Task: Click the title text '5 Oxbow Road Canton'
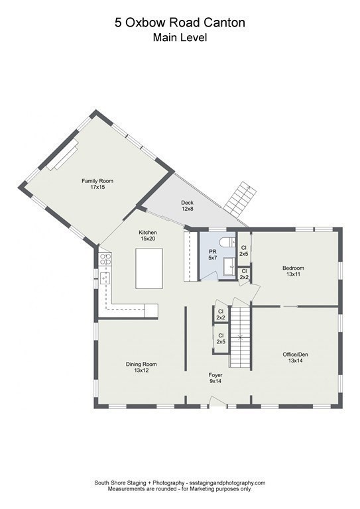(180, 23)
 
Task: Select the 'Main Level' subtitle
(180, 38)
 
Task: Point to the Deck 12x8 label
(187, 205)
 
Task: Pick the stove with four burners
(105, 260)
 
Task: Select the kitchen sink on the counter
(104, 276)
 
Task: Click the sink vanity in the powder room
(229, 268)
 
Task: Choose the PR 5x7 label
(213, 255)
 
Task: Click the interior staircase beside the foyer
(241, 337)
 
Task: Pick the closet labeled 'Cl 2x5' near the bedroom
(243, 251)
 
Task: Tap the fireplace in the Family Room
(62, 154)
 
